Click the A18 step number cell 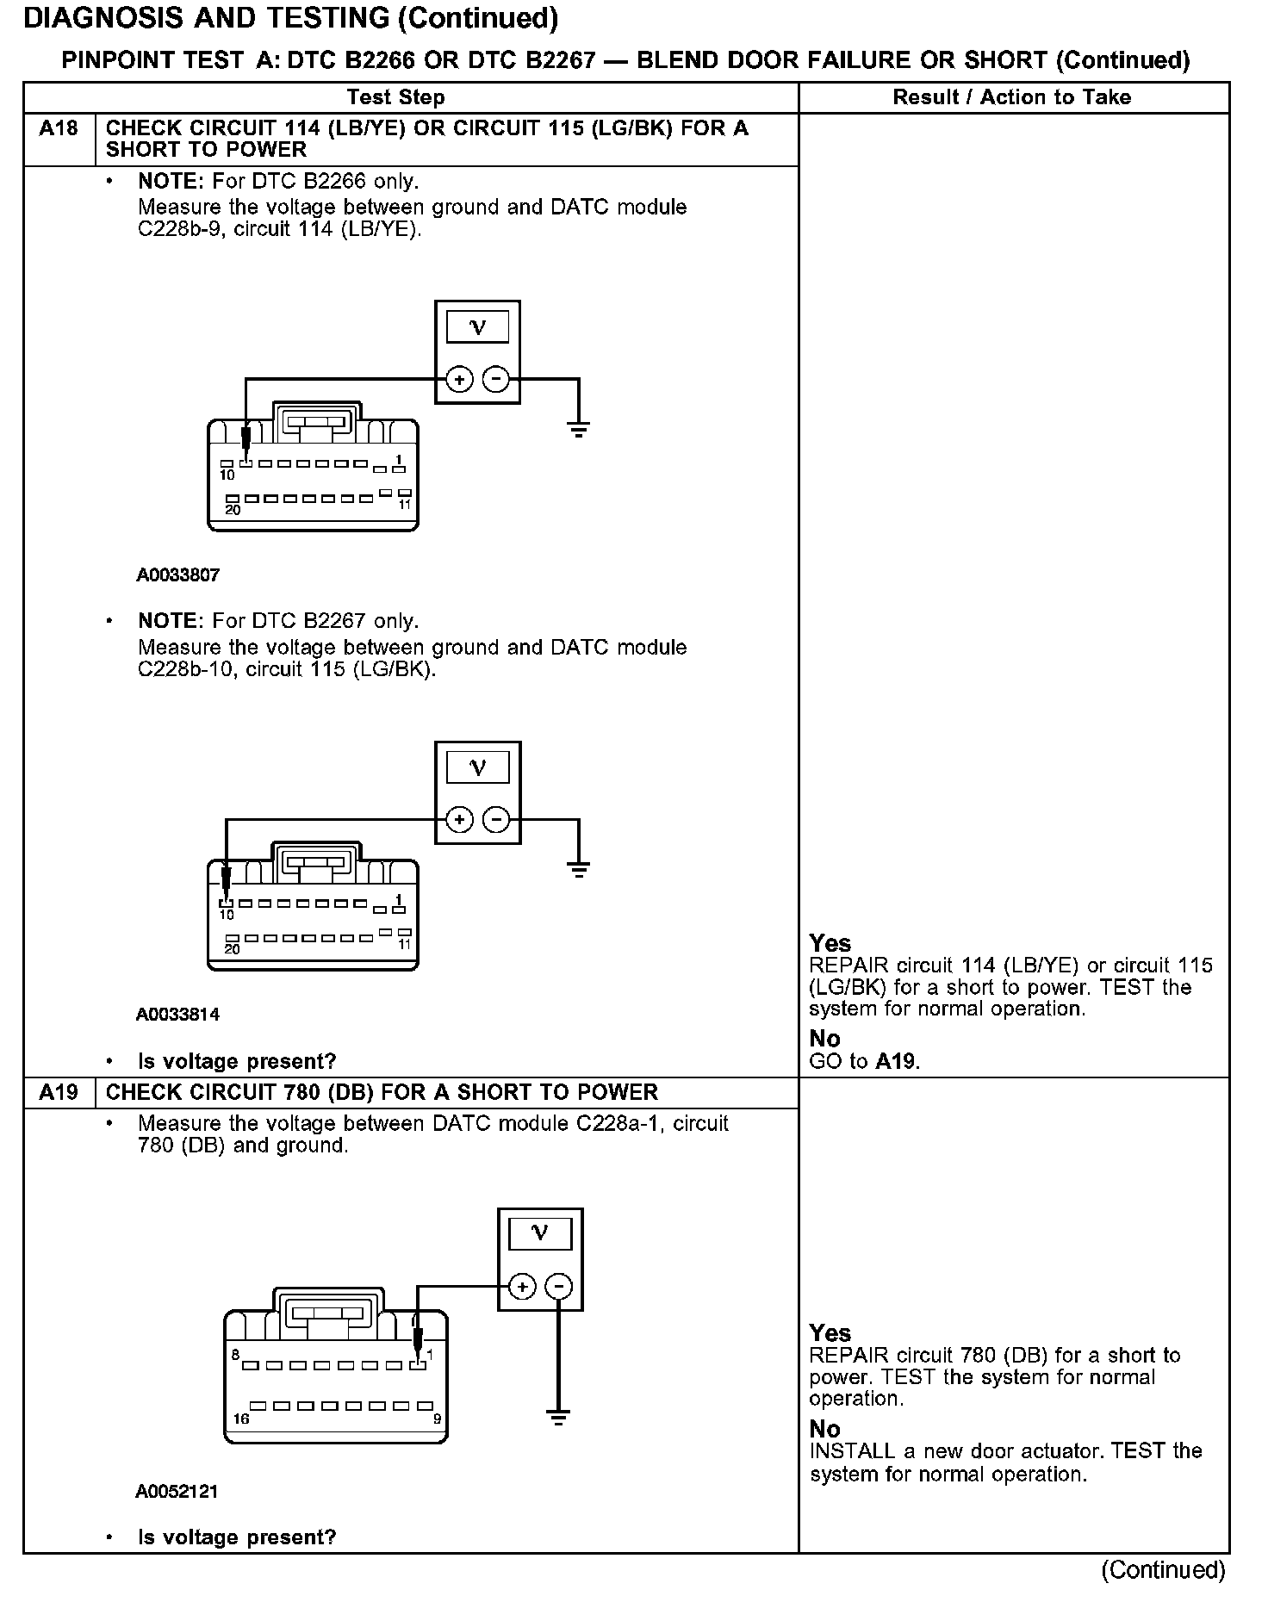(x=59, y=129)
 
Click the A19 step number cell (x=59, y=1092)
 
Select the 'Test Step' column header (x=396, y=97)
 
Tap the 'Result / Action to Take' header (x=1012, y=97)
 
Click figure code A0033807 (x=178, y=575)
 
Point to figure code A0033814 (x=178, y=1015)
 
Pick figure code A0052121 (x=177, y=1492)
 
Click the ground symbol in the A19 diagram (x=559, y=1416)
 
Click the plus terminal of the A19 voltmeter (x=522, y=1287)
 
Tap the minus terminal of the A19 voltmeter (x=559, y=1287)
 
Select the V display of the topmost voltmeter (x=477, y=327)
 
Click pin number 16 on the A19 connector (x=241, y=1419)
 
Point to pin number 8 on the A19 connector (x=235, y=1355)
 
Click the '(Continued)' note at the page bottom (x=1163, y=1569)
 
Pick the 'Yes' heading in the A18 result (x=830, y=943)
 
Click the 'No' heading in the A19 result (x=824, y=1429)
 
